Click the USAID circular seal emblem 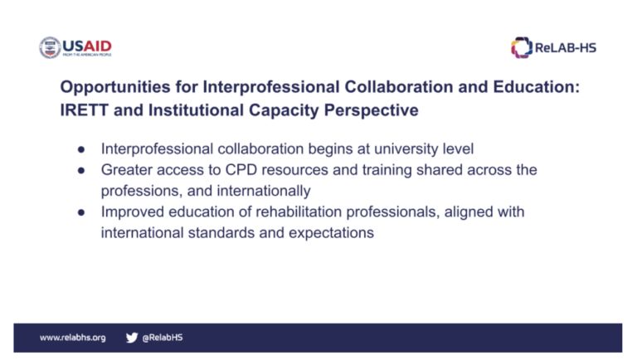click(50, 47)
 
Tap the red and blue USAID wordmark click(87, 46)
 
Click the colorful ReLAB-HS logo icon click(522, 47)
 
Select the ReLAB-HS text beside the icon click(566, 48)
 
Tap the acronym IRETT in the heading click(85, 110)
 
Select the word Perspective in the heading click(371, 111)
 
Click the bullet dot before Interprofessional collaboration click(81, 149)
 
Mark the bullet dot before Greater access click(81, 170)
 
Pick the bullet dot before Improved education click(81, 212)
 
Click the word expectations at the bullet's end click(331, 233)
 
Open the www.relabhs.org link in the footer click(73, 338)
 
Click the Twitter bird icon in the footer click(132, 338)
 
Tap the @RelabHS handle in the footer click(163, 338)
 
